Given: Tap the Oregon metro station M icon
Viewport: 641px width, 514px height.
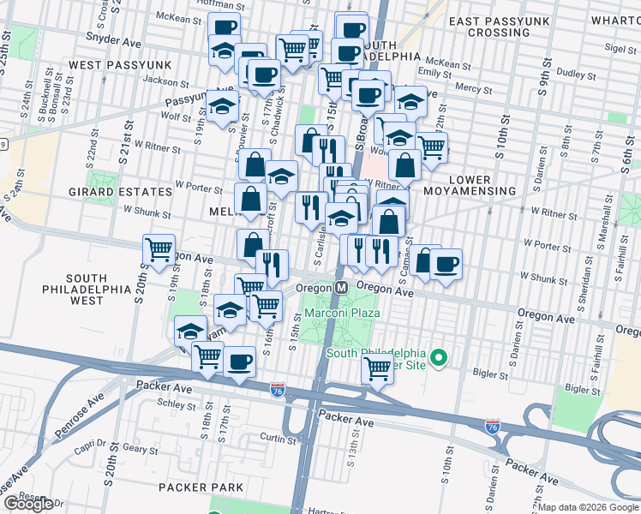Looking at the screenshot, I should point(340,289).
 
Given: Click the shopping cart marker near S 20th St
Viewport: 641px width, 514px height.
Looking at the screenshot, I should point(159,249).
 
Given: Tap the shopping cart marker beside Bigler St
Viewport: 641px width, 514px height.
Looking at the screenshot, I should point(377,369).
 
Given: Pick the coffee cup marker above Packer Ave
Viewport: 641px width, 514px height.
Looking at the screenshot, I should point(240,361).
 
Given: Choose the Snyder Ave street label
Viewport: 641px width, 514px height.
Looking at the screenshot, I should point(110,38).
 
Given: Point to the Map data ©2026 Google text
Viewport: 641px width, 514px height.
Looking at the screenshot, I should point(589,507).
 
